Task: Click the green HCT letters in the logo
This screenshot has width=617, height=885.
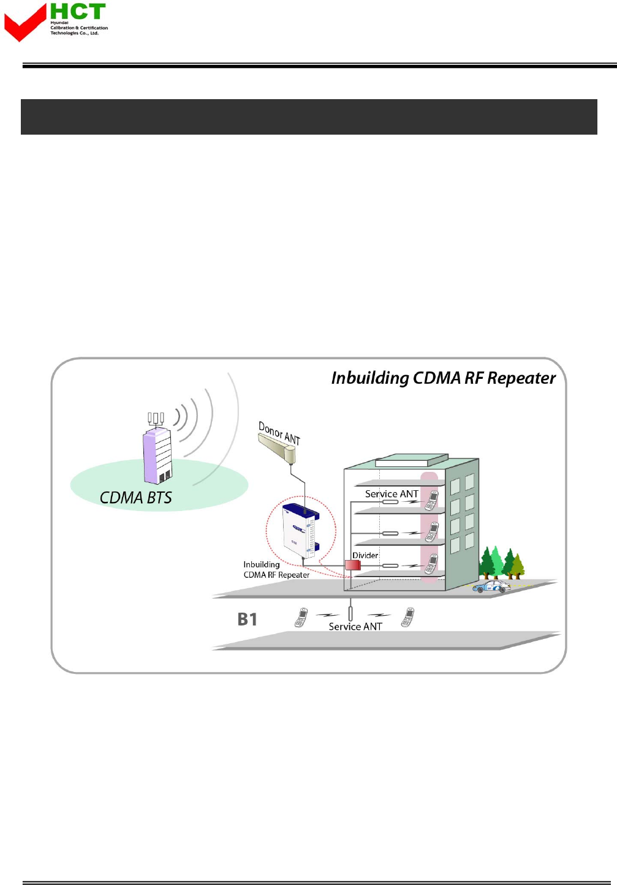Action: coord(78,12)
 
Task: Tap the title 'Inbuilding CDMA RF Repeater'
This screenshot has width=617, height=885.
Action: coord(443,378)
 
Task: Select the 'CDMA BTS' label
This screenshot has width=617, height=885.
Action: coord(136,498)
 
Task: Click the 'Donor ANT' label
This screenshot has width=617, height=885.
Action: coord(279,433)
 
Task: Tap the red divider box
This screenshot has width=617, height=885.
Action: coord(352,565)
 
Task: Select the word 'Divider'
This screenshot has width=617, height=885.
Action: coord(365,555)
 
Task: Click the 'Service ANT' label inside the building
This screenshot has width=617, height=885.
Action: coord(392,494)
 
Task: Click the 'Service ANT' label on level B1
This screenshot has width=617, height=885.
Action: coord(355,627)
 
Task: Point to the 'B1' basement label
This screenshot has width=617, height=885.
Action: coord(247,619)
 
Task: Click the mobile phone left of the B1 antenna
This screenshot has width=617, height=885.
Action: coord(301,618)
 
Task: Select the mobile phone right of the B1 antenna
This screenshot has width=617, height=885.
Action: coord(407,617)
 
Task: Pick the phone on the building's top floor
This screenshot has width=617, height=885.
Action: coord(432,500)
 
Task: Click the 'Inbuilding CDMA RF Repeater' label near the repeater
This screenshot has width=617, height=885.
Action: coord(276,570)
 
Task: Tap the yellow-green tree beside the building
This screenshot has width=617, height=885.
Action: coord(518,566)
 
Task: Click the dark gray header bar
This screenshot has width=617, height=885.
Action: coord(309,117)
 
